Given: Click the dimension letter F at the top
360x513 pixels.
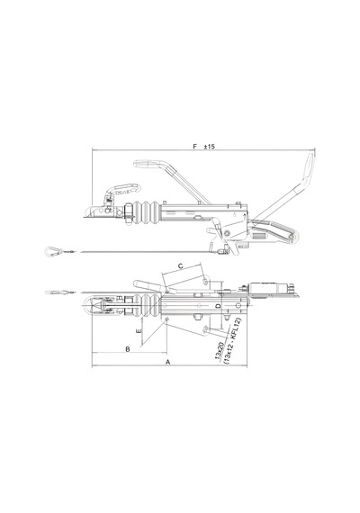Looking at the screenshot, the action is [x=195, y=146].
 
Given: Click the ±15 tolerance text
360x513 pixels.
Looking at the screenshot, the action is [x=209, y=146].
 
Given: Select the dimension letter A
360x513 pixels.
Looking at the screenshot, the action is [x=168, y=362].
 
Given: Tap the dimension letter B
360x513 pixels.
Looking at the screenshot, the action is [x=128, y=349].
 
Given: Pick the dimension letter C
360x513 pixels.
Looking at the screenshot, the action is [x=180, y=266].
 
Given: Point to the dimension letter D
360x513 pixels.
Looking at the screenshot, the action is [x=219, y=306].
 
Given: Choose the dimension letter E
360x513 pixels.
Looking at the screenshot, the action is [x=139, y=331].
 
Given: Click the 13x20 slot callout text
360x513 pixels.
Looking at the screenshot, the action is [x=220, y=351].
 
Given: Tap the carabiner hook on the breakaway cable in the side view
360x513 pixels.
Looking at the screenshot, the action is [x=53, y=251].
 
